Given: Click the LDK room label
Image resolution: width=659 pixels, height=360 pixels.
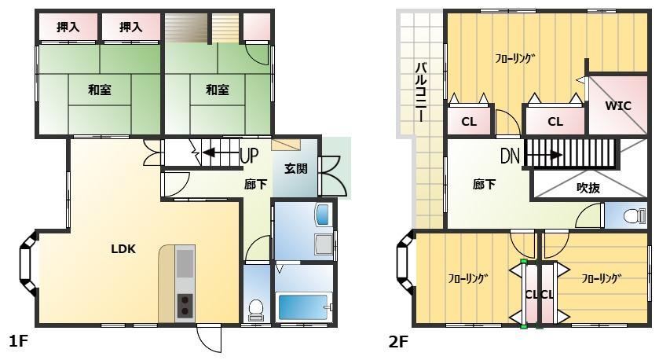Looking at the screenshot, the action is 123,249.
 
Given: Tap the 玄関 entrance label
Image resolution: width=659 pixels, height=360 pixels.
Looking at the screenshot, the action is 296,169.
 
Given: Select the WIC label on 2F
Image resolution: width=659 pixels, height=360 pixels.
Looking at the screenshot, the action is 618,105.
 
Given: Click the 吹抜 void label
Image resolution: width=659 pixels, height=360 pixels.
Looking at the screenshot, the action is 588,188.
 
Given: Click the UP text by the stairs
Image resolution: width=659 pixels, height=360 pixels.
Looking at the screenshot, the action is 249,155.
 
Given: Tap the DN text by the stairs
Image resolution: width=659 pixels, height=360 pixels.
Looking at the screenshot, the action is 511,156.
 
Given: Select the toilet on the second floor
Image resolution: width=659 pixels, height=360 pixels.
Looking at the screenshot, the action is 634,216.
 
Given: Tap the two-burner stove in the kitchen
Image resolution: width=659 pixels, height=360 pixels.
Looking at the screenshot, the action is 185,306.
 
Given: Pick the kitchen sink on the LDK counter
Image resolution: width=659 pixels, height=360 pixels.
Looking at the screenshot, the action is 185,263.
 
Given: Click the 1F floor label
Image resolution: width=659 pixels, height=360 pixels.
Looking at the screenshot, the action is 18,341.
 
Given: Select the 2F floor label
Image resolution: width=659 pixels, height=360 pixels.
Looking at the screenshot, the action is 398,342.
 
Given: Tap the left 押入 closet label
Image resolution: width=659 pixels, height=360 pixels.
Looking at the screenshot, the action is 68,28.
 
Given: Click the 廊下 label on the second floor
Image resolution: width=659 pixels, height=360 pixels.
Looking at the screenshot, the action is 484,184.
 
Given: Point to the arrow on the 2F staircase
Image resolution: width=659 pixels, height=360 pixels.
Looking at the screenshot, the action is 544,155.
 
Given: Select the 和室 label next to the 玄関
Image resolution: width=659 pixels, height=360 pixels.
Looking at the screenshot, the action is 218,90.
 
